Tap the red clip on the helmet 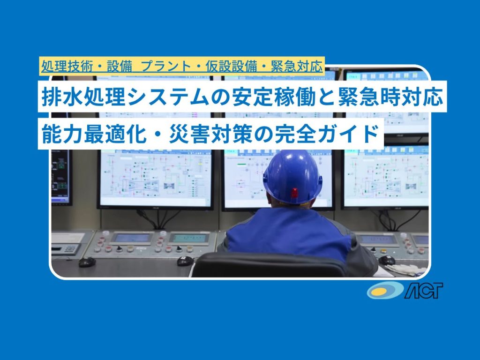[x=294, y=193]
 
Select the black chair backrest [x=270, y=265]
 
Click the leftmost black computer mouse [x=87, y=262]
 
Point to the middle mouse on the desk [x=185, y=261]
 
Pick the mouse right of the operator [x=387, y=261]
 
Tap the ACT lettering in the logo [x=424, y=291]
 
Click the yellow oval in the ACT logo [x=381, y=291]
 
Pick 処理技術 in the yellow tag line [x=67, y=66]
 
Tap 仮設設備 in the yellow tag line [x=231, y=66]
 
